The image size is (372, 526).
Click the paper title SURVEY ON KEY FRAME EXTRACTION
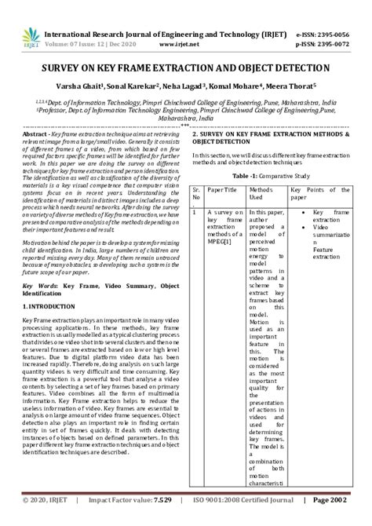[x=185, y=69]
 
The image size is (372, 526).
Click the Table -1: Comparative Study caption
[x=261, y=177]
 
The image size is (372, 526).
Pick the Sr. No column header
[x=196, y=194]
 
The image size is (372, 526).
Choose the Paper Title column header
[x=222, y=190]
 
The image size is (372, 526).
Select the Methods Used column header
[x=261, y=194]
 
